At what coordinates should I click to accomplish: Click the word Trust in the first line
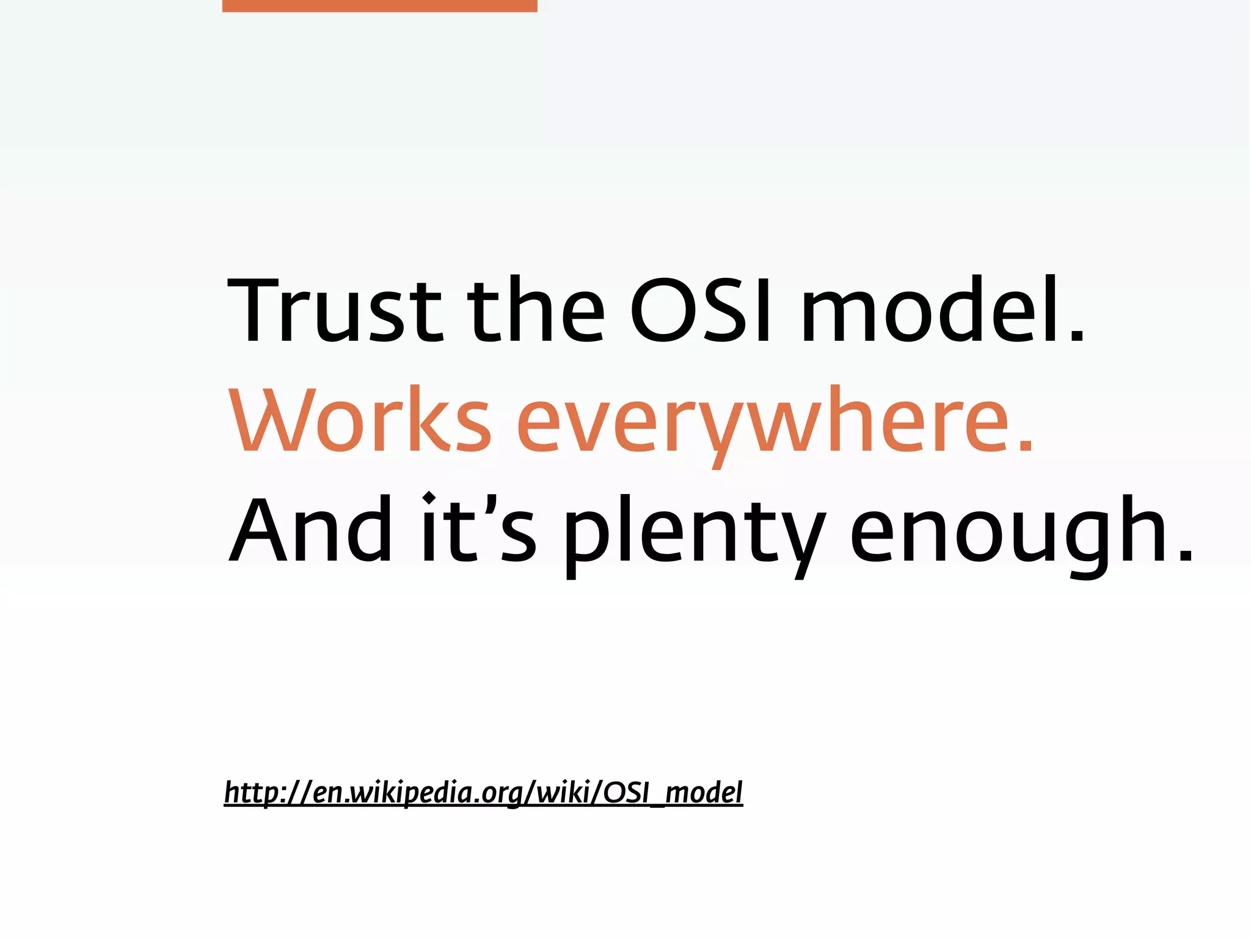click(x=334, y=310)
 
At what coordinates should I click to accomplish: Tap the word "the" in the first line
click(x=536, y=310)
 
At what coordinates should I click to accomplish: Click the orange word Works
click(x=360, y=420)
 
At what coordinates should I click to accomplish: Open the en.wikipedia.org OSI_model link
click(x=483, y=793)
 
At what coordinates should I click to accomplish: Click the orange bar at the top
click(x=379, y=5)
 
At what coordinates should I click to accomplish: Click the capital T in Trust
click(x=257, y=310)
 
